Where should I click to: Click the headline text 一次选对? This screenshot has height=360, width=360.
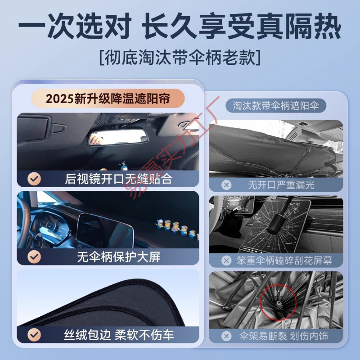[72, 28]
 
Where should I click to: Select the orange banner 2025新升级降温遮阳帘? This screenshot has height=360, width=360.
[108, 98]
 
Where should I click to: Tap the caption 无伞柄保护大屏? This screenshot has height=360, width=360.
[118, 257]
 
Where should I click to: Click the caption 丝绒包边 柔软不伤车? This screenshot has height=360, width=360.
[118, 335]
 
